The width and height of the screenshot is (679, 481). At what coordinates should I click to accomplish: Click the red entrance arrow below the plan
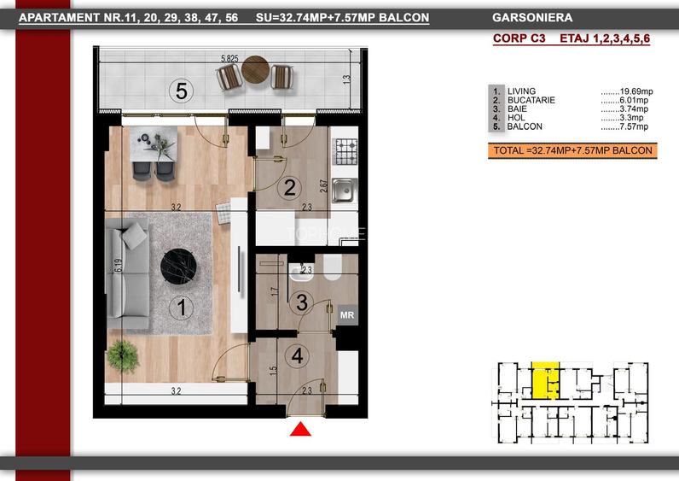(x=300, y=430)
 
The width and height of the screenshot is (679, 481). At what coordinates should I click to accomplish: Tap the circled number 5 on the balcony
(x=181, y=91)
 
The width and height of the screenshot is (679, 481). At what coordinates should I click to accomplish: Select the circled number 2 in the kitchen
(x=290, y=187)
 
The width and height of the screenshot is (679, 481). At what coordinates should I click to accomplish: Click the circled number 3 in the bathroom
(x=302, y=302)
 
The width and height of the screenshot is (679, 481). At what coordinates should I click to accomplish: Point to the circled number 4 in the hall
(x=297, y=356)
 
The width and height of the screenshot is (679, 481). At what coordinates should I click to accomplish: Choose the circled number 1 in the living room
(x=182, y=308)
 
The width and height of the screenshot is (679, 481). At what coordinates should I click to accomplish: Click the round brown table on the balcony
(x=256, y=69)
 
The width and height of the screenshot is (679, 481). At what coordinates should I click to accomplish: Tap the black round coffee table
(x=178, y=267)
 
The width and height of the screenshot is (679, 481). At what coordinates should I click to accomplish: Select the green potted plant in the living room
(x=123, y=356)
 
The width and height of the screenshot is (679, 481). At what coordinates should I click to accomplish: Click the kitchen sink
(x=345, y=191)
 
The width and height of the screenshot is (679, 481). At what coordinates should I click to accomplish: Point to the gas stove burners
(x=346, y=151)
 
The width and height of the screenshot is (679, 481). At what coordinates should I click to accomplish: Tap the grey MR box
(x=347, y=315)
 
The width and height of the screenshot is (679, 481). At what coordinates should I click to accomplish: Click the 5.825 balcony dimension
(x=229, y=59)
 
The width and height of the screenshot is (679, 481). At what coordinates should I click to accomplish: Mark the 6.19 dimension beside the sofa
(x=119, y=266)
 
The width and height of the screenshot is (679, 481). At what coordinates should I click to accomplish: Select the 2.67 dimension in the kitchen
(x=323, y=186)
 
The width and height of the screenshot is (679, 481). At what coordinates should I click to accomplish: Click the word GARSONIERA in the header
(x=532, y=18)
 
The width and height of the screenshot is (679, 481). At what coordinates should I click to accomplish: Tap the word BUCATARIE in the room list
(x=531, y=100)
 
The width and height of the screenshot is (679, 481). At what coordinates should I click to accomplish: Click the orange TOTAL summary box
(x=572, y=150)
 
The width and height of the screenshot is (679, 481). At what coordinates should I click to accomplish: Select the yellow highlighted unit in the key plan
(x=545, y=380)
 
